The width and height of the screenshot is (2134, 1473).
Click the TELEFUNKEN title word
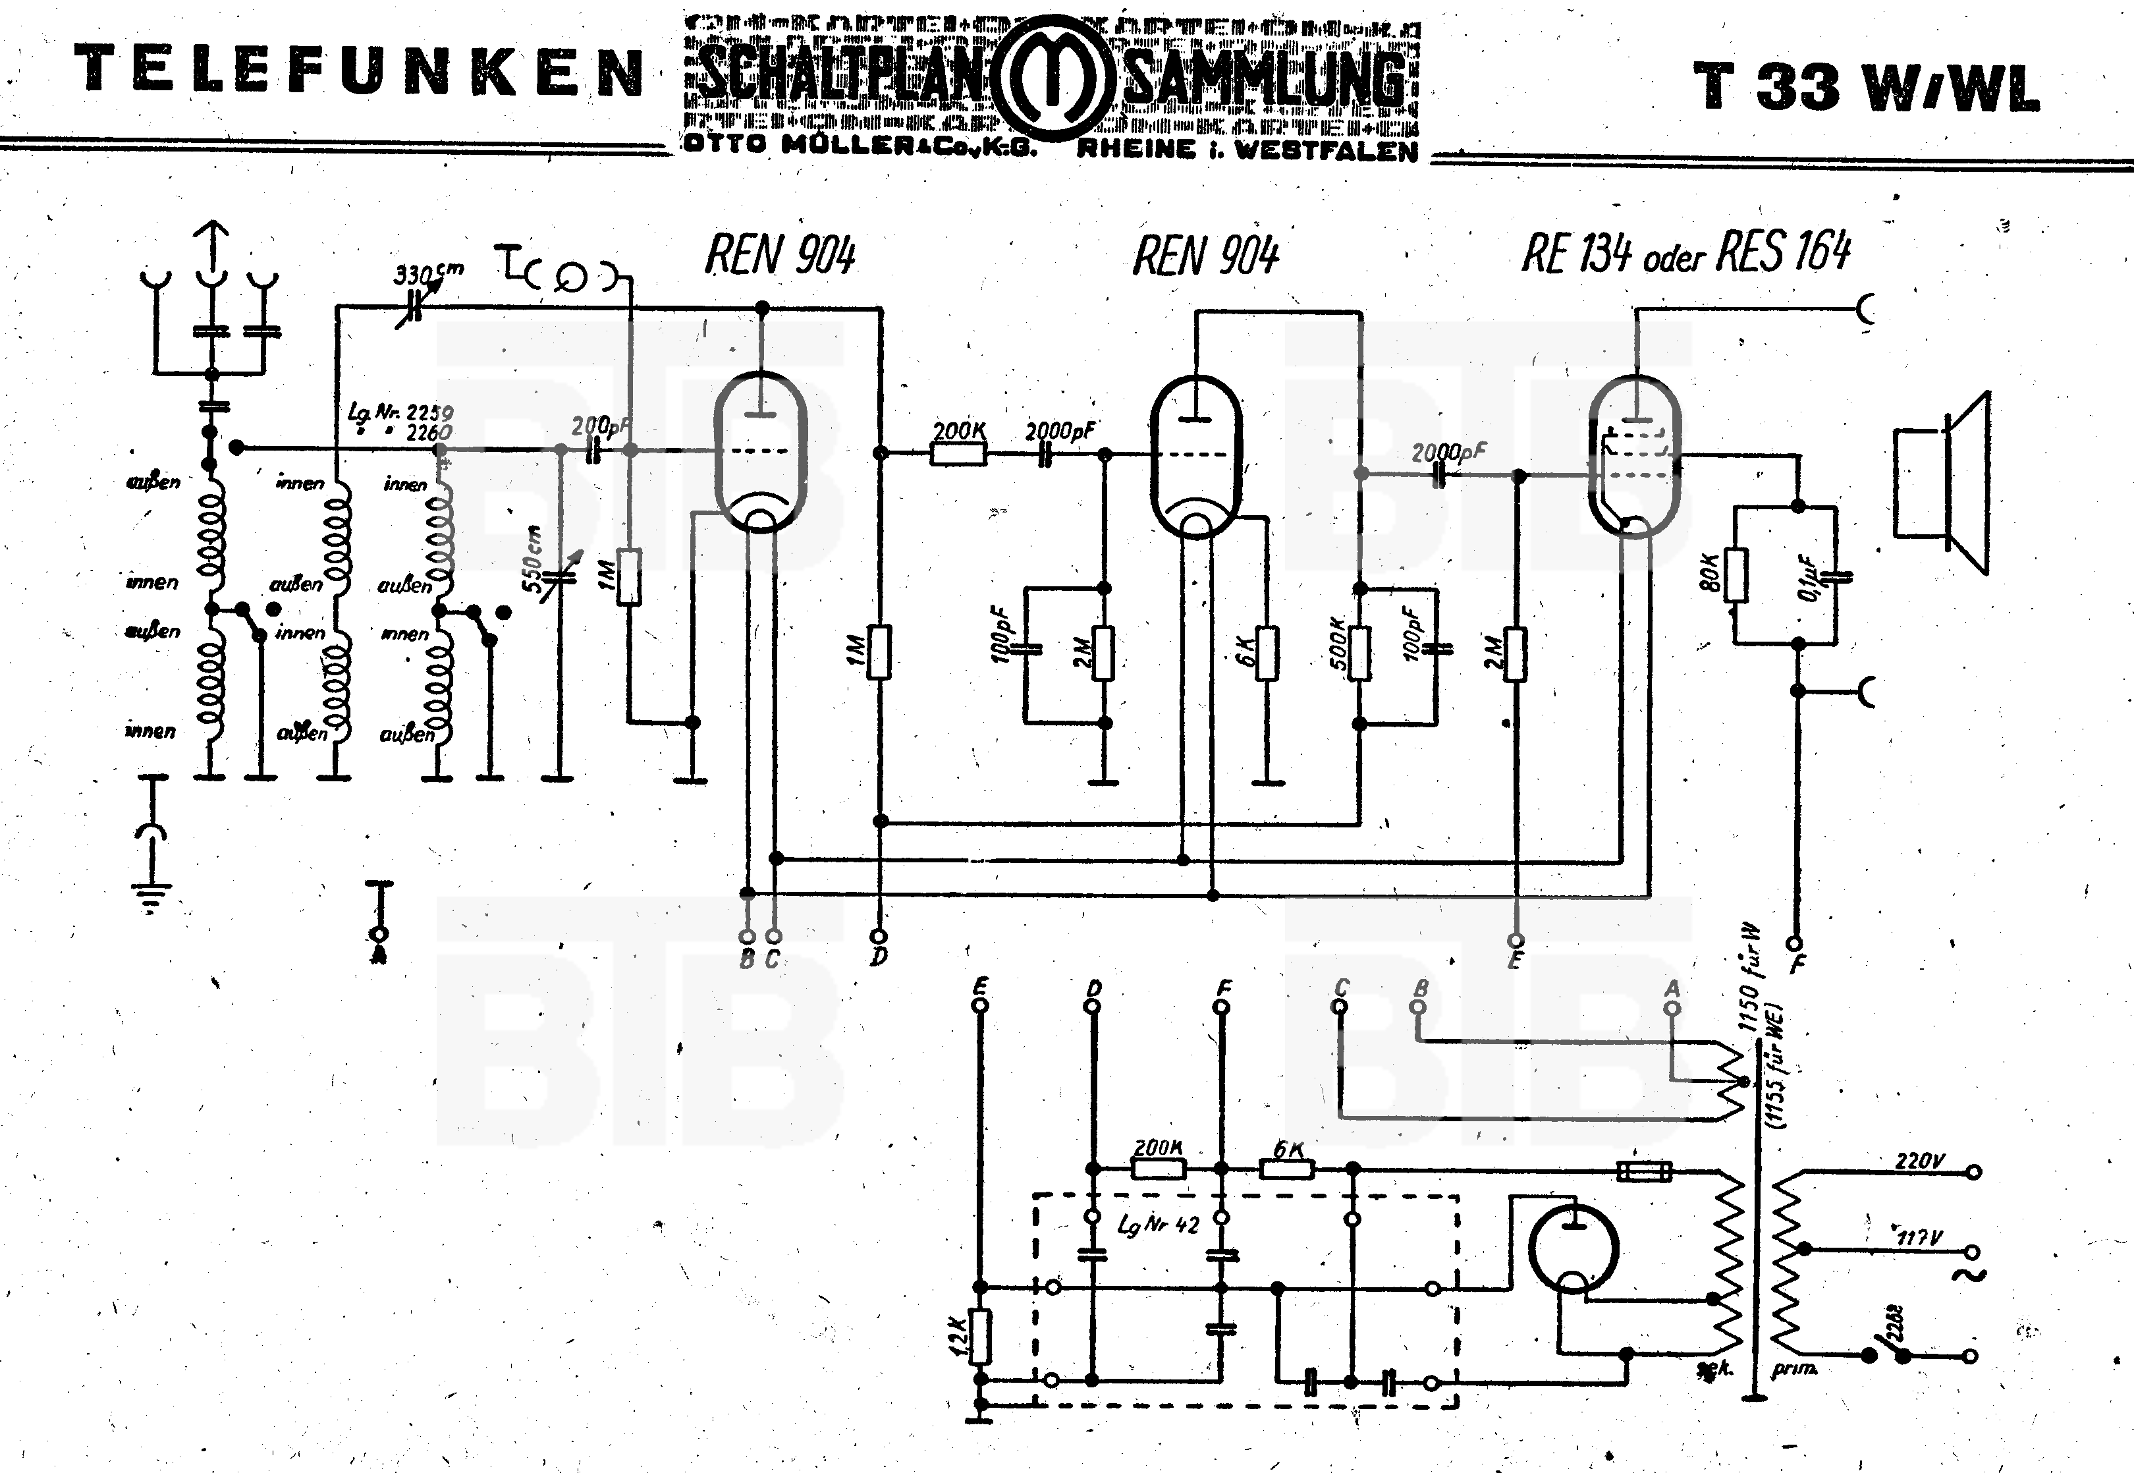(x=358, y=72)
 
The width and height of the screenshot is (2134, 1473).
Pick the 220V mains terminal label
(x=1919, y=1161)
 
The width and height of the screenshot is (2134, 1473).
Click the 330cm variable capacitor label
(x=427, y=274)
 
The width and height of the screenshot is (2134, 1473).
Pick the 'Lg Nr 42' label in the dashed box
(x=1159, y=1226)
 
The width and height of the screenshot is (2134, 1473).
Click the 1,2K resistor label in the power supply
(x=958, y=1335)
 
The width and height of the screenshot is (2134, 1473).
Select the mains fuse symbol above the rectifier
(x=1644, y=1171)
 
